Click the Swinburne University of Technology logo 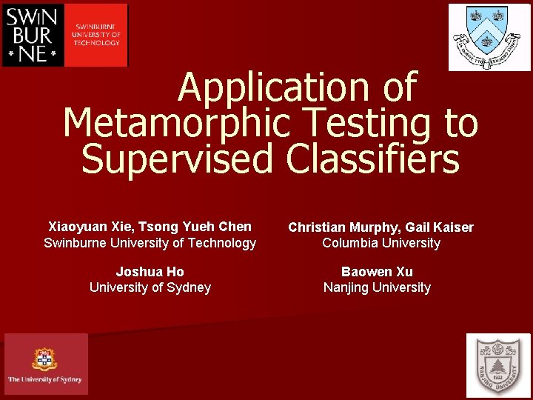[65, 35]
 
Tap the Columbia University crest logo [489, 37]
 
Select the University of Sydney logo [45, 364]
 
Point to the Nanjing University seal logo [498, 365]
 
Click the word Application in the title [274, 87]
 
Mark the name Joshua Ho [150, 272]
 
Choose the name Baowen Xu [377, 272]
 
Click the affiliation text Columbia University [381, 243]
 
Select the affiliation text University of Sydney [150, 287]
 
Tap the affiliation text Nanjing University [377, 287]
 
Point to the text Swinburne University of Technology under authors [150, 243]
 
